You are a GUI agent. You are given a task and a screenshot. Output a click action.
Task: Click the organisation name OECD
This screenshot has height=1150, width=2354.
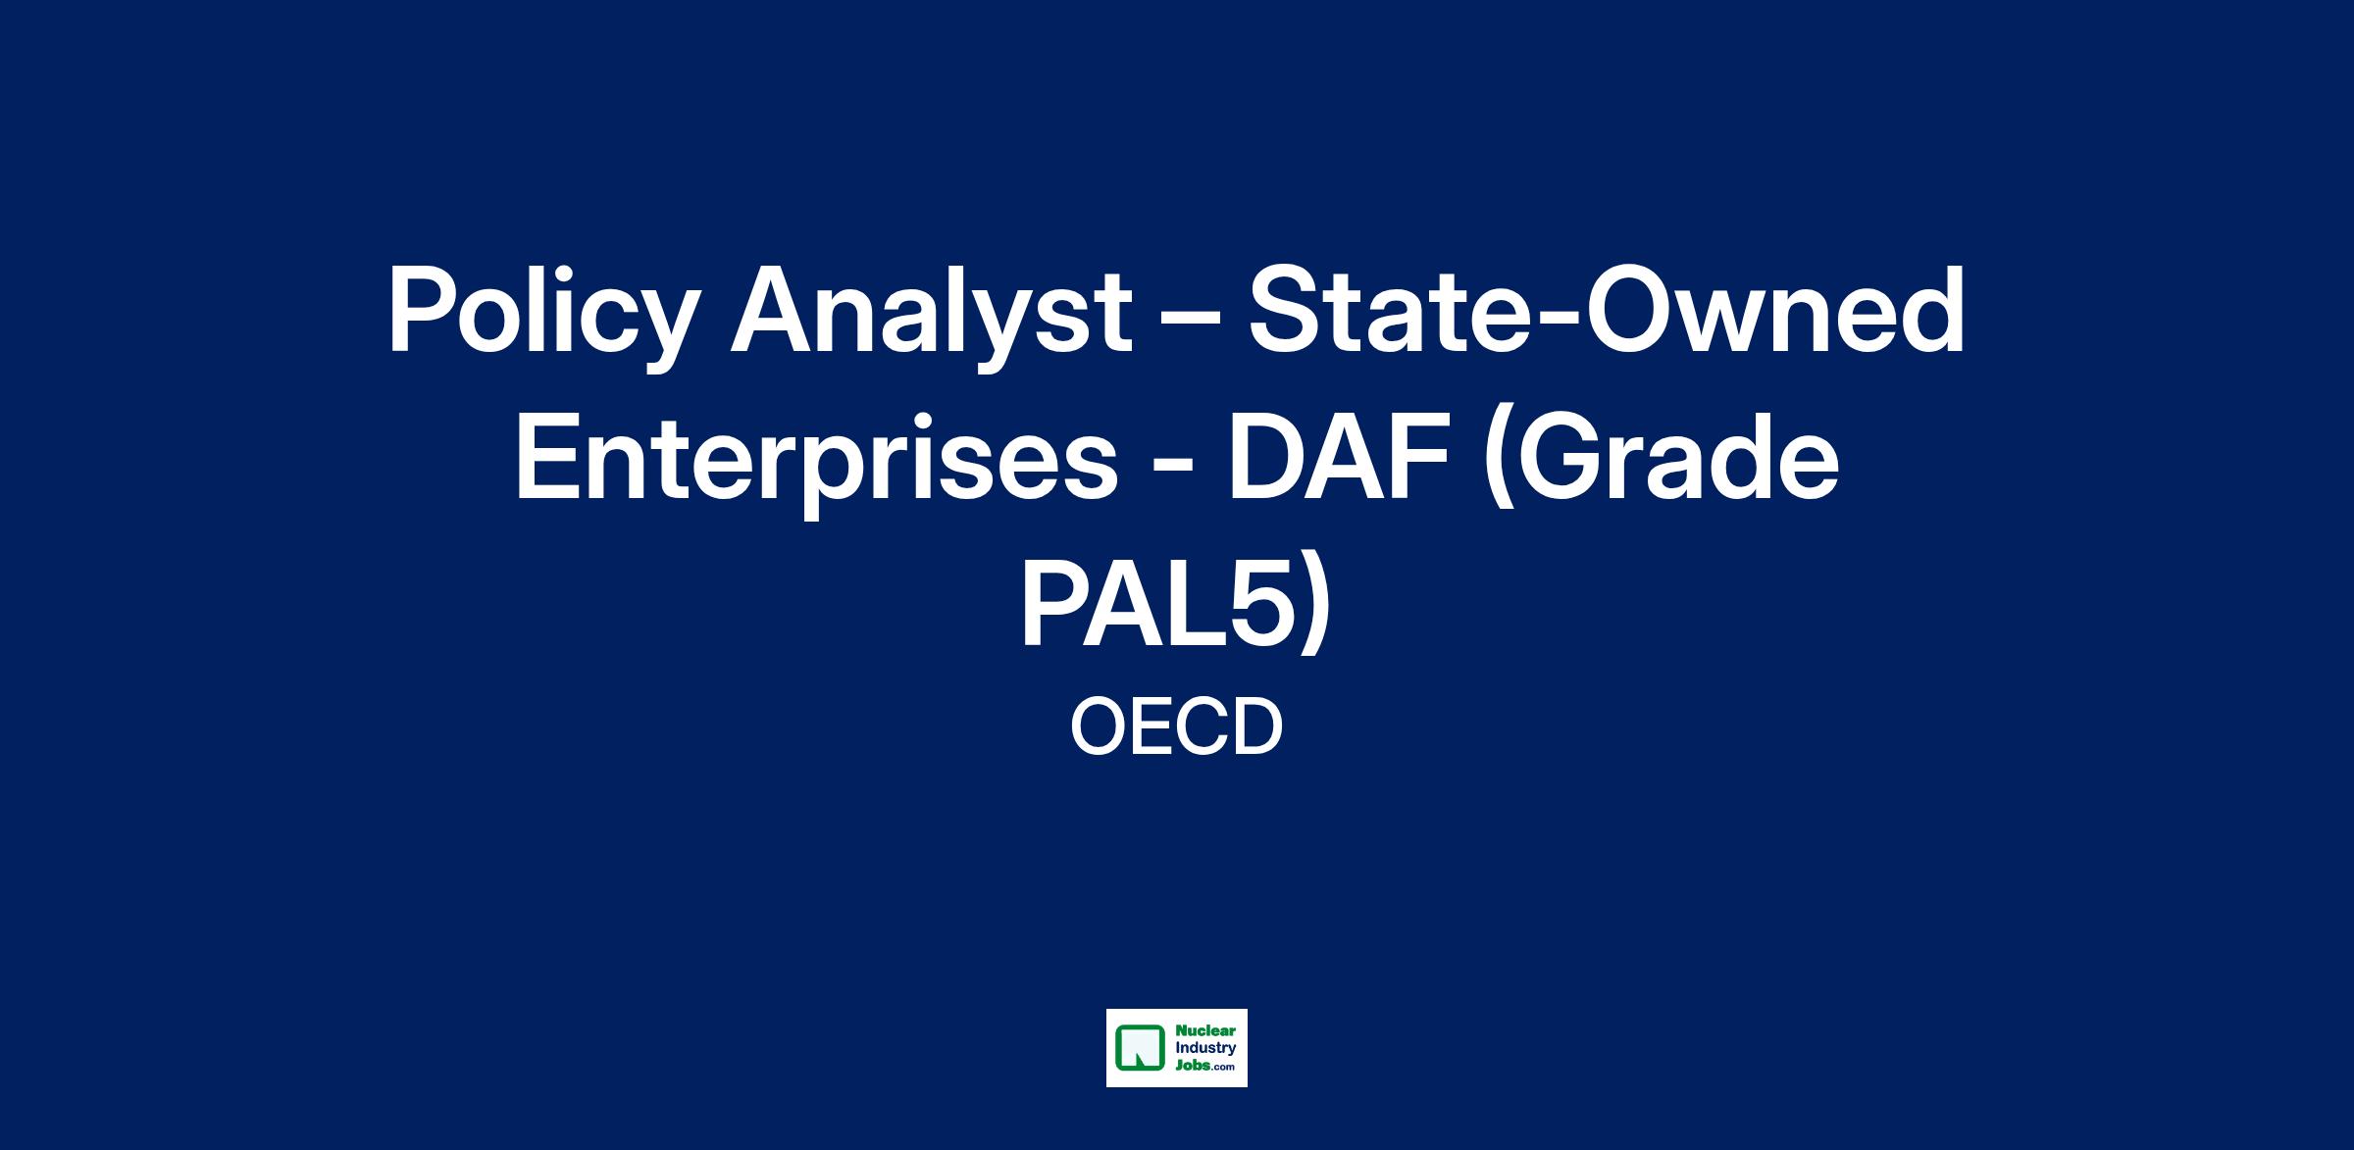1177,727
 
